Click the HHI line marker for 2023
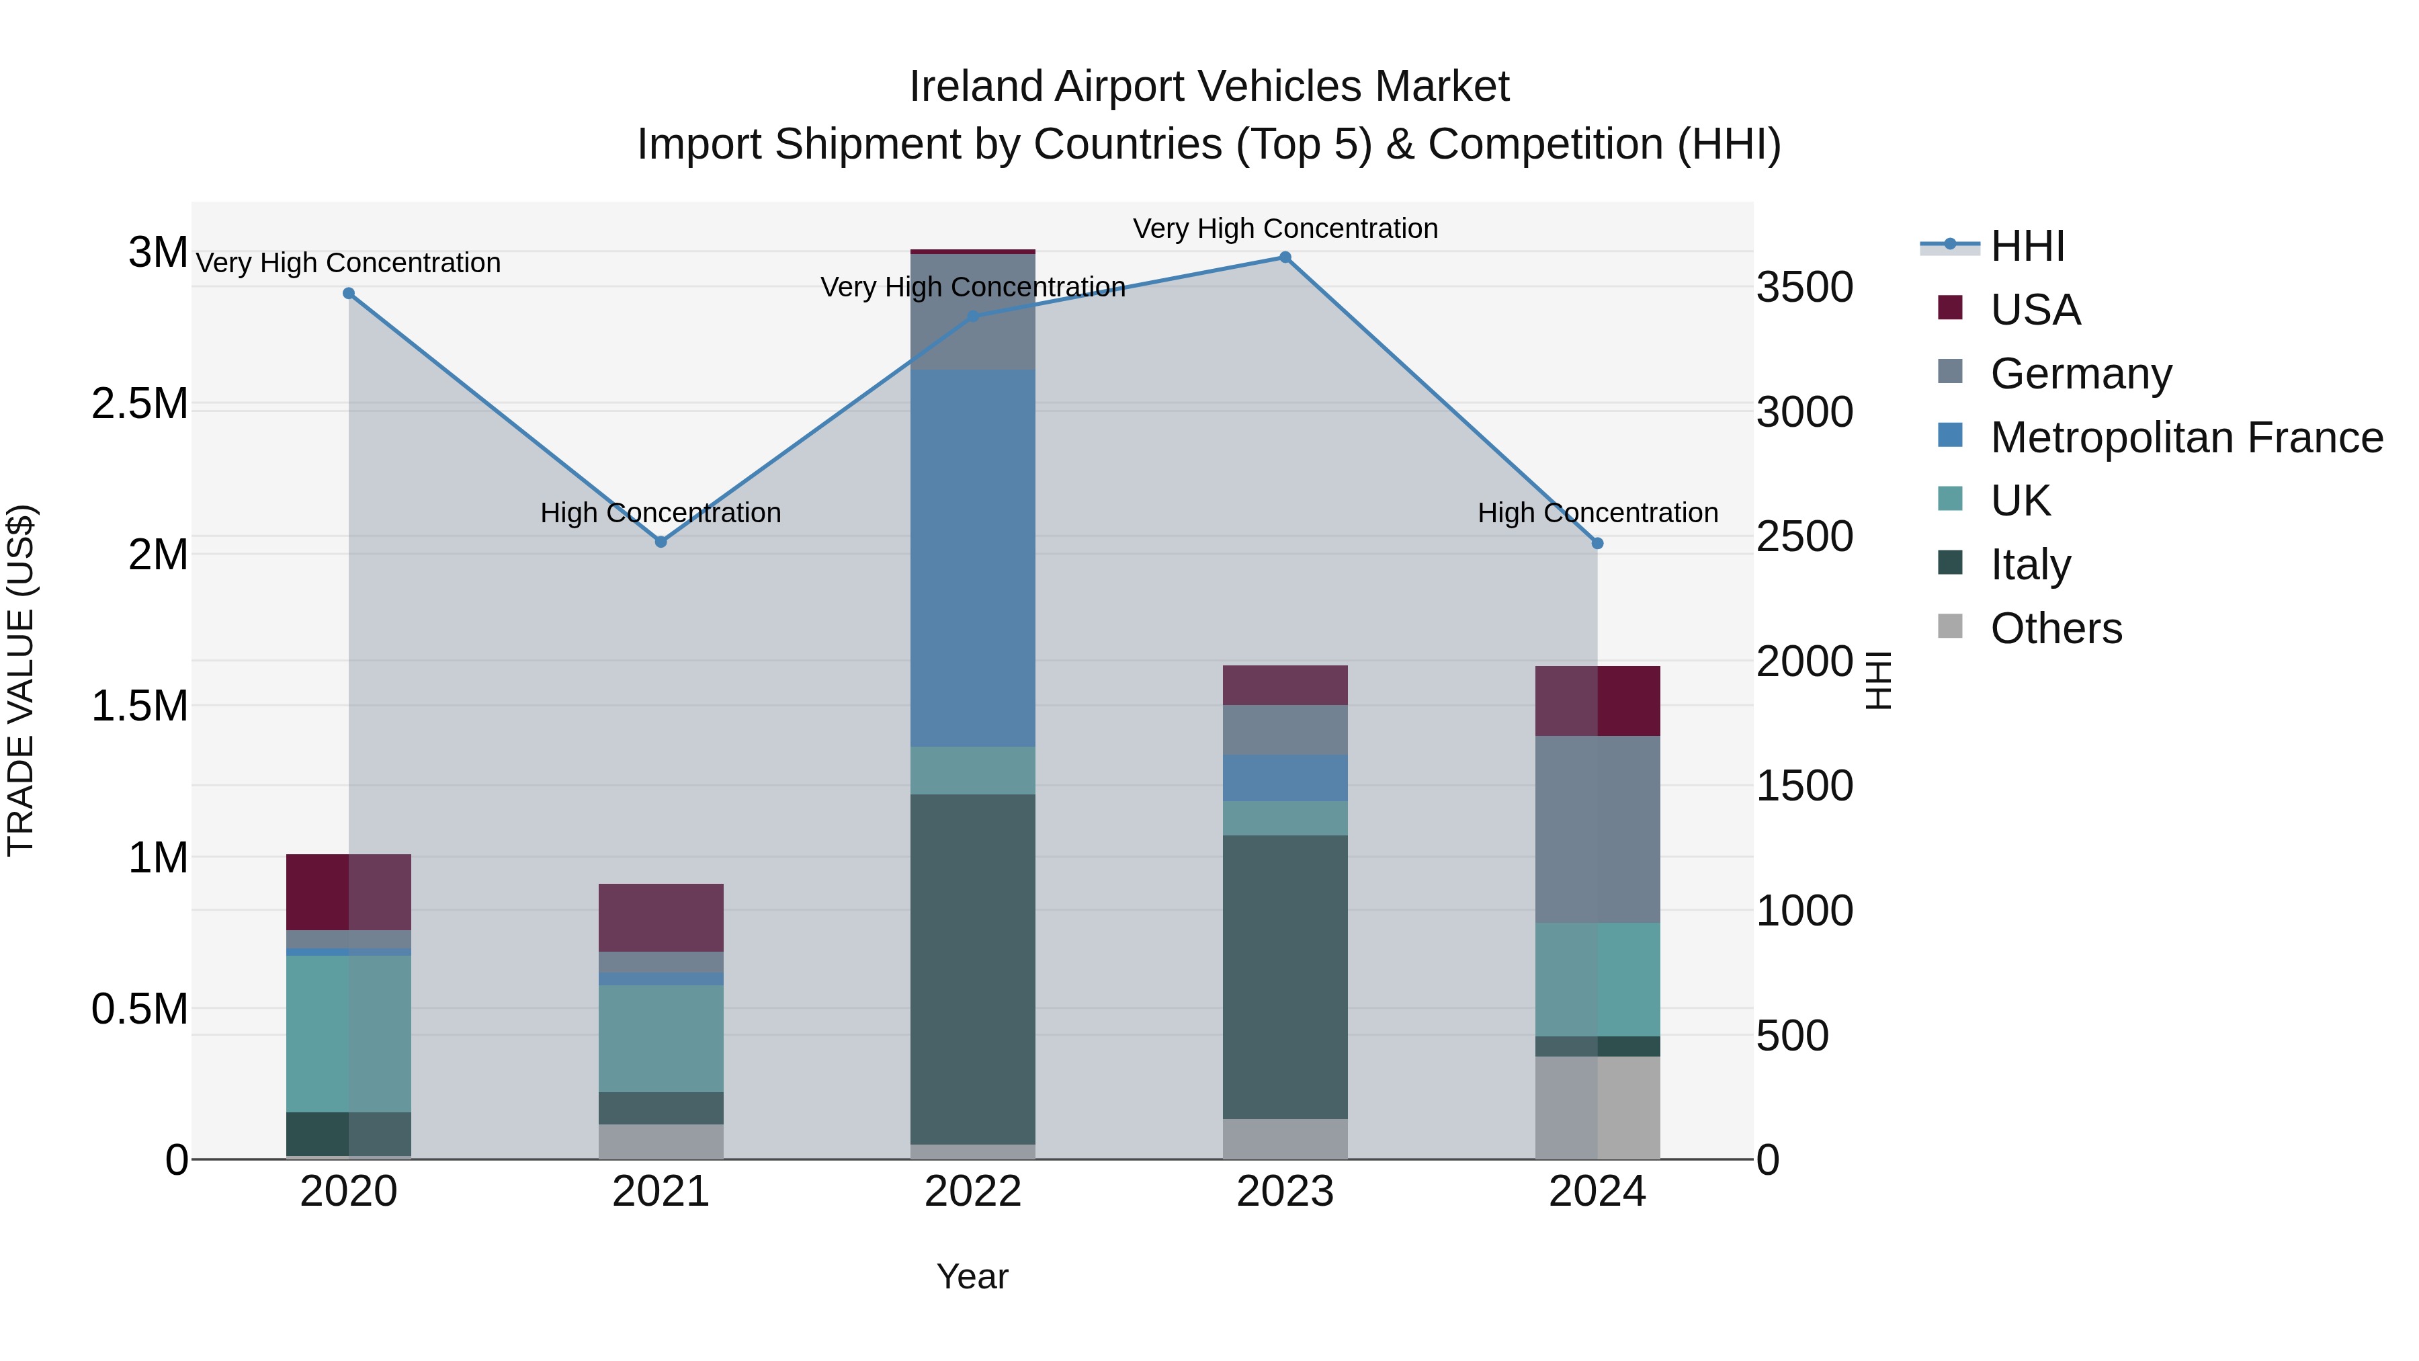pos(1285,257)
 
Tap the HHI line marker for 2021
pos(660,542)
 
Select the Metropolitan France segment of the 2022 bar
pos(973,559)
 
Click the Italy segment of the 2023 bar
pos(1285,977)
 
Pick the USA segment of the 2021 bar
pos(660,917)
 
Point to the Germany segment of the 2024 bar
pos(1597,829)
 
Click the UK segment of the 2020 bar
pos(348,1033)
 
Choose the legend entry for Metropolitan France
pos(2186,438)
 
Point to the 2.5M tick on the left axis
pos(140,404)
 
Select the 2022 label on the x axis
pos(973,1192)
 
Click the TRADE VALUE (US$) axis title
pos(21,680)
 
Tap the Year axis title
pos(972,1276)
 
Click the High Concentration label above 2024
pos(1597,513)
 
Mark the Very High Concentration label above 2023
pos(1285,229)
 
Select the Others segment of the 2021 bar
pos(660,1141)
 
